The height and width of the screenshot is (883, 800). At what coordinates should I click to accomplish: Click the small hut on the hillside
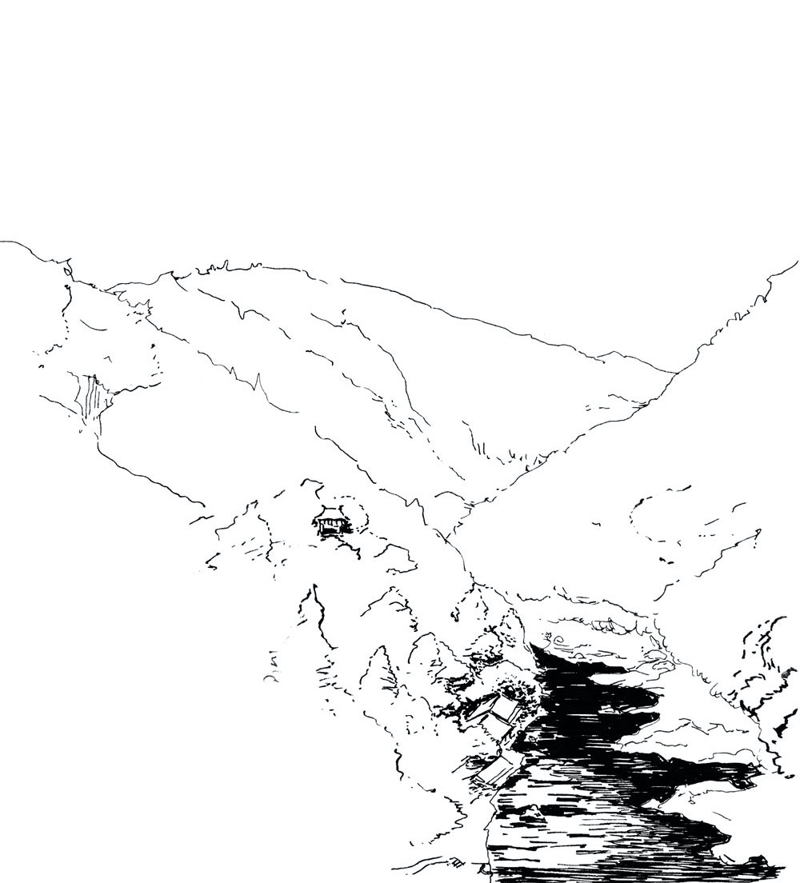[x=330, y=522]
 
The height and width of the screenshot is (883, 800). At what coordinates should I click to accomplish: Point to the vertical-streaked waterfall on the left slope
[x=91, y=398]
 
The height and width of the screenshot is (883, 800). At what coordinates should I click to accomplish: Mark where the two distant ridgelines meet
[x=674, y=373]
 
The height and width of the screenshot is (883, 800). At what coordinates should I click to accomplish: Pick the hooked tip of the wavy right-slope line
[x=756, y=530]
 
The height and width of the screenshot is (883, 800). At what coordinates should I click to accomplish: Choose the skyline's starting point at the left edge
[x=2, y=242]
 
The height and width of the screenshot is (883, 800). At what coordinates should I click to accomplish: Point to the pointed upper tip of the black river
[x=533, y=645]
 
